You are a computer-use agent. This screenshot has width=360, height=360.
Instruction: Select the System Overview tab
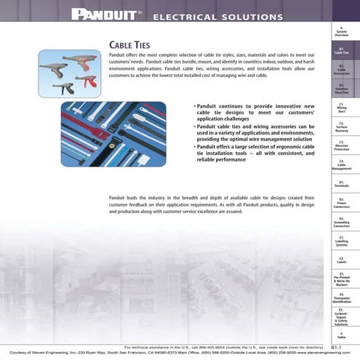[341, 31]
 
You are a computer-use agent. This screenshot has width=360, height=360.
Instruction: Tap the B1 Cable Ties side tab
[341, 51]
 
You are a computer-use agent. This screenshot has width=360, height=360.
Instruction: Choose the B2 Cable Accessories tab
[341, 71]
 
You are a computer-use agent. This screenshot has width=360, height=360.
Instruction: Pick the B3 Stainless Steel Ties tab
[341, 90]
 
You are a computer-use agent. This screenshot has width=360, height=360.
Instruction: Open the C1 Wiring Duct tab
[341, 109]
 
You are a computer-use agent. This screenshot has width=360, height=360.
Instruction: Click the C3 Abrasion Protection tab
[341, 146]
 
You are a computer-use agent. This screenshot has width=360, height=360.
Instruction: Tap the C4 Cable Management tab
[341, 165]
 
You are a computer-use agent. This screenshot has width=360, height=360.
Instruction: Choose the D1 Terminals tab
[341, 184]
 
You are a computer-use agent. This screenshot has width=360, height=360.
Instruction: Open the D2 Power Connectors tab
[341, 203]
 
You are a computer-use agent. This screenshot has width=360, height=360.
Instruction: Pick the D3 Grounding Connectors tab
[341, 222]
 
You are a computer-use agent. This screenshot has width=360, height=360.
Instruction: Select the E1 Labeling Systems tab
[341, 241]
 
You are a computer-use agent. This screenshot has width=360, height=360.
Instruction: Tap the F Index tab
[341, 336]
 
